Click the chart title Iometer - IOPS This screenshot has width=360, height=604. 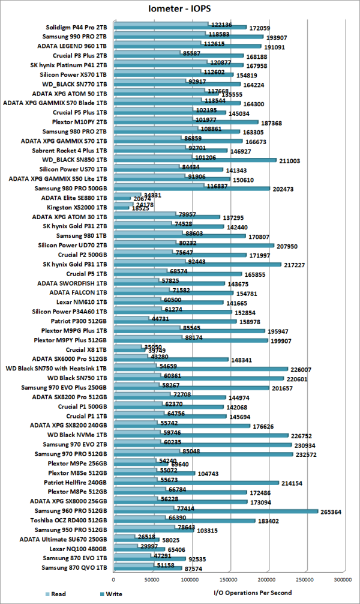click(180, 9)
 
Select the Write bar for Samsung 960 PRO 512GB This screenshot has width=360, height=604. click(215, 512)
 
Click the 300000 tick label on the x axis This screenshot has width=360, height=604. click(343, 580)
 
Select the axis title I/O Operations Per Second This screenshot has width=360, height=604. click(253, 593)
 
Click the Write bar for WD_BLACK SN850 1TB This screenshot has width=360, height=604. click(194, 160)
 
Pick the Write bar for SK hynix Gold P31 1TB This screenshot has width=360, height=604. click(197, 265)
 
